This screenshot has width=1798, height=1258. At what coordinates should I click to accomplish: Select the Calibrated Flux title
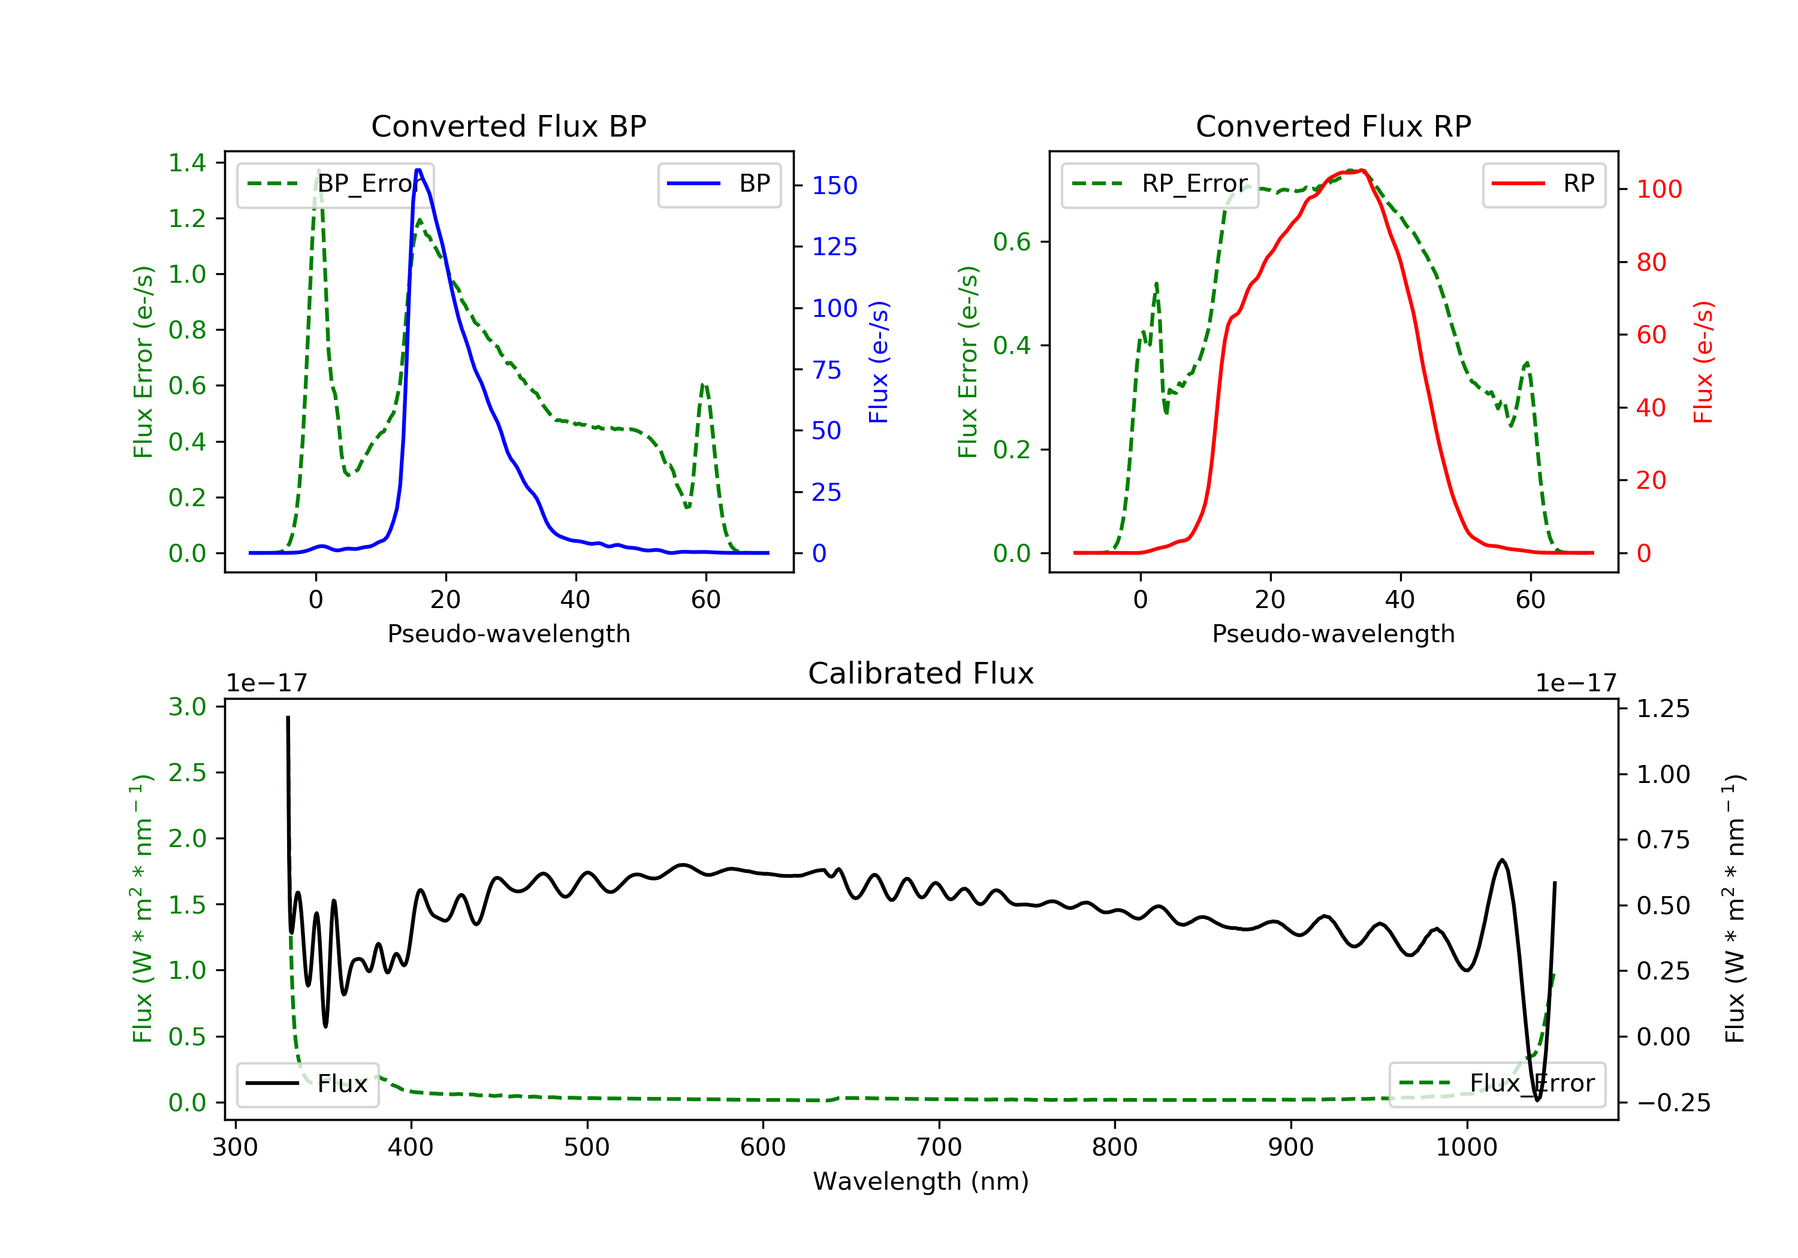click(921, 673)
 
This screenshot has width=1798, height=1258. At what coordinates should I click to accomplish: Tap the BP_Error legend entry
click(335, 184)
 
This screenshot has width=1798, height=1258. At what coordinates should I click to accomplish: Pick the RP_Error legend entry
click(1160, 184)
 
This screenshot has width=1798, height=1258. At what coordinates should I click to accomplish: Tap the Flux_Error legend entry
click(1497, 1084)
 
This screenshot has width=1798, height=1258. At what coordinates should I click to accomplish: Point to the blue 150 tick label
click(835, 186)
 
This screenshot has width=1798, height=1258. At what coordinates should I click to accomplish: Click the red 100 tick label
click(1660, 189)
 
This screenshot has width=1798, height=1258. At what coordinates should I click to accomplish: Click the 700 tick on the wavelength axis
click(939, 1148)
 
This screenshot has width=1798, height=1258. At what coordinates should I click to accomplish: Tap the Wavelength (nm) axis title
click(921, 1181)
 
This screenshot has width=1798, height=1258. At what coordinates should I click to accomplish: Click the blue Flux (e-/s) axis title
click(879, 362)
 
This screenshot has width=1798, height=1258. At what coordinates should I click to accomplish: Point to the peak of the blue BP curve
click(419, 170)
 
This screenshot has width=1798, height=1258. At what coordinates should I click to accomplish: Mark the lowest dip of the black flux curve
click(1537, 1100)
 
